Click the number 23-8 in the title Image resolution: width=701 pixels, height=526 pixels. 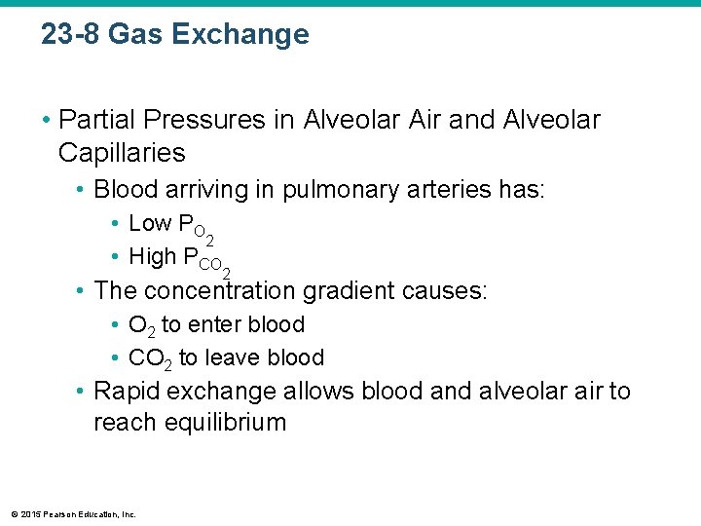[x=71, y=35]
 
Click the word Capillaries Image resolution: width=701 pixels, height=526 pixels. [x=121, y=153]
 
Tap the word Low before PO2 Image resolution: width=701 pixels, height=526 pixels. [x=149, y=224]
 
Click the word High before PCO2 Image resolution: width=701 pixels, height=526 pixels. [x=152, y=257]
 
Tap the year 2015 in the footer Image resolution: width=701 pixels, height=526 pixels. [x=27, y=514]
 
